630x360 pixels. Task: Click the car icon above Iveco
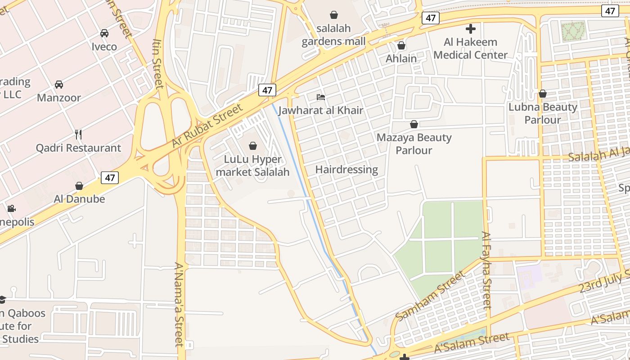(x=104, y=33)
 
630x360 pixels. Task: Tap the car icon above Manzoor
(x=59, y=85)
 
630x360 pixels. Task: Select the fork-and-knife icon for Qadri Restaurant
(x=78, y=134)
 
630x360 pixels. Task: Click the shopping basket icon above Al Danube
(x=79, y=186)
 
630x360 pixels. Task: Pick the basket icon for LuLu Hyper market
(x=253, y=146)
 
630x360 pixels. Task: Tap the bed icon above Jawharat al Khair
(x=321, y=97)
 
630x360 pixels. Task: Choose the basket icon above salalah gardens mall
(x=333, y=15)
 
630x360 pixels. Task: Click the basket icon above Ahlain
(x=401, y=45)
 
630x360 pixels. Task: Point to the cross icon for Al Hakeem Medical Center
(x=471, y=29)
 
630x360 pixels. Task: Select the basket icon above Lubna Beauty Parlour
(x=543, y=94)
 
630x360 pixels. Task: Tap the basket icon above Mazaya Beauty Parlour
(x=414, y=124)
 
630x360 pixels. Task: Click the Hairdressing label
(x=346, y=170)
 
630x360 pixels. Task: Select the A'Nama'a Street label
(x=180, y=305)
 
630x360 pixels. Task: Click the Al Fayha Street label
(x=486, y=270)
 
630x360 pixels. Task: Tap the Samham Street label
(x=429, y=296)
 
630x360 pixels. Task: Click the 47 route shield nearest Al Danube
(x=110, y=178)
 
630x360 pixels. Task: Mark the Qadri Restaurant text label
(x=78, y=148)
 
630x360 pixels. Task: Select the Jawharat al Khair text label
(x=321, y=110)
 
